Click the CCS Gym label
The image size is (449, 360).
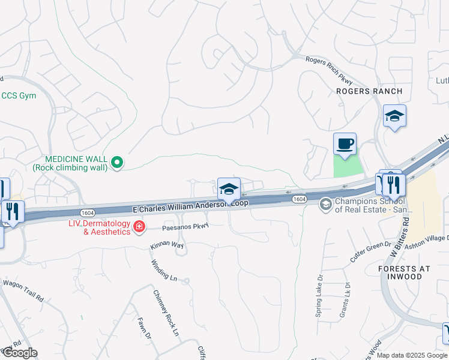point(18,96)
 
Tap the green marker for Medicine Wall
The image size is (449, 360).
point(118,161)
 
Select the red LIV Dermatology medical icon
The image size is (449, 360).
point(139,227)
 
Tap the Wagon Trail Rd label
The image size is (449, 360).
point(23,290)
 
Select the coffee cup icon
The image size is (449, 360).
point(345,144)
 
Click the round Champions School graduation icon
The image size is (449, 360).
point(325,205)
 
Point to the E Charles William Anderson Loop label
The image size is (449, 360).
point(190,206)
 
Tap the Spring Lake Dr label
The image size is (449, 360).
point(319,295)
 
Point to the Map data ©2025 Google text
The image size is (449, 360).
point(411,355)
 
